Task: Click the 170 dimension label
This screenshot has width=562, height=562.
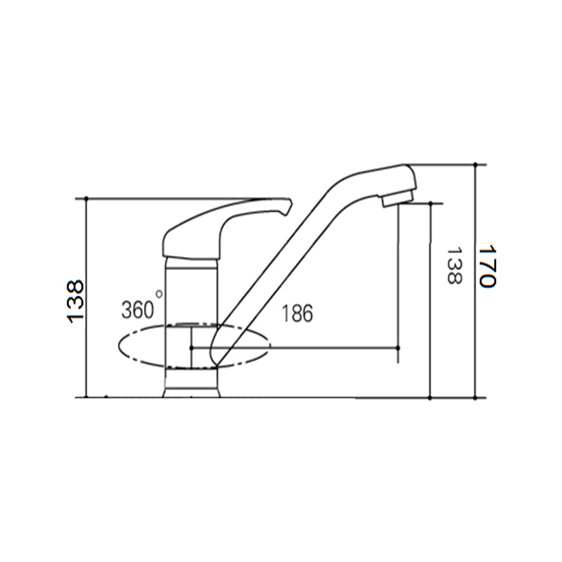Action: pos(488,267)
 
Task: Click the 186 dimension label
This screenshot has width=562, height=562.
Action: pos(297,313)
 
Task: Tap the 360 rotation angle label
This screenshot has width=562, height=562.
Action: pos(137,310)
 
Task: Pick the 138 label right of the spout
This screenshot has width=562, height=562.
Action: pos(455,266)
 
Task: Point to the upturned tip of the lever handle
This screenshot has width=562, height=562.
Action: pos(289,205)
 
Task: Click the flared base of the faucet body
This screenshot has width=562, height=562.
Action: pos(191,393)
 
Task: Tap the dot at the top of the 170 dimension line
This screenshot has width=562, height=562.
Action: pos(476,165)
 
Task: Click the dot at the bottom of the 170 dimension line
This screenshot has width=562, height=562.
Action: pos(476,398)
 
